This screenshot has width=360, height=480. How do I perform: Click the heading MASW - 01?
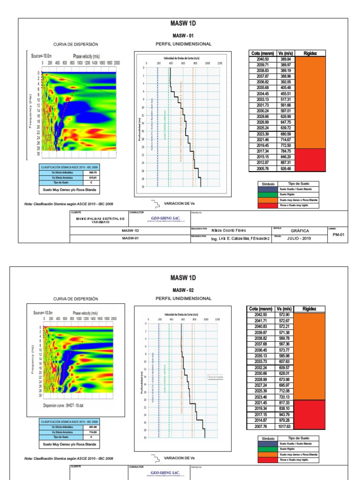[x=183, y=36]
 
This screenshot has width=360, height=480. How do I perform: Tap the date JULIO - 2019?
[x=299, y=238]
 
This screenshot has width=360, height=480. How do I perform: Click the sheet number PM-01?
[x=338, y=234]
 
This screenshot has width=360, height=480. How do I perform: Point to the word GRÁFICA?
[x=300, y=231]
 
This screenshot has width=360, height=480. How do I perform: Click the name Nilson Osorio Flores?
[x=229, y=231]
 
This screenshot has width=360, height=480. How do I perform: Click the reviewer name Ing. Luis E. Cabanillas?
[x=240, y=239]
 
